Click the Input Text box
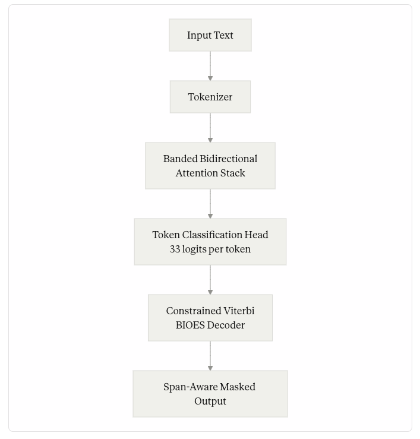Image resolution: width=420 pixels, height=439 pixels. (x=210, y=35)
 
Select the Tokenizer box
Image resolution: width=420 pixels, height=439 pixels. (x=210, y=97)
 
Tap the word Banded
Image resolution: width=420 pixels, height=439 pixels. (x=181, y=159)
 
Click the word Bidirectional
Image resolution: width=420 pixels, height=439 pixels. (x=229, y=159)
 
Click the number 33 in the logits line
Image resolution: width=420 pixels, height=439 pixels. (x=175, y=249)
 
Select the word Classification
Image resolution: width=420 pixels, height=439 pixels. (x=212, y=235)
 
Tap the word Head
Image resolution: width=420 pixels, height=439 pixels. (x=256, y=235)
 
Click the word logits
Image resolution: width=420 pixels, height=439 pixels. (x=194, y=249)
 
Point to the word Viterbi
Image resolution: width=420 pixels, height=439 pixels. (x=239, y=311)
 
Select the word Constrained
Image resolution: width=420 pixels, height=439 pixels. (x=194, y=311)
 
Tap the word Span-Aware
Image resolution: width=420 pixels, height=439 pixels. (x=191, y=387)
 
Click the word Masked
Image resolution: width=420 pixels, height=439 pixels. (x=238, y=387)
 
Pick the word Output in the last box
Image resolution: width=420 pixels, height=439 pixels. (x=210, y=402)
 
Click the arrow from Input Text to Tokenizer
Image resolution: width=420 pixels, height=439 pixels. (x=210, y=66)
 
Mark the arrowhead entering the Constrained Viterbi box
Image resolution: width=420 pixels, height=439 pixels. (x=210, y=292)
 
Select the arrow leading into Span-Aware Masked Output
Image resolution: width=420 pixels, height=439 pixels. (x=210, y=356)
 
